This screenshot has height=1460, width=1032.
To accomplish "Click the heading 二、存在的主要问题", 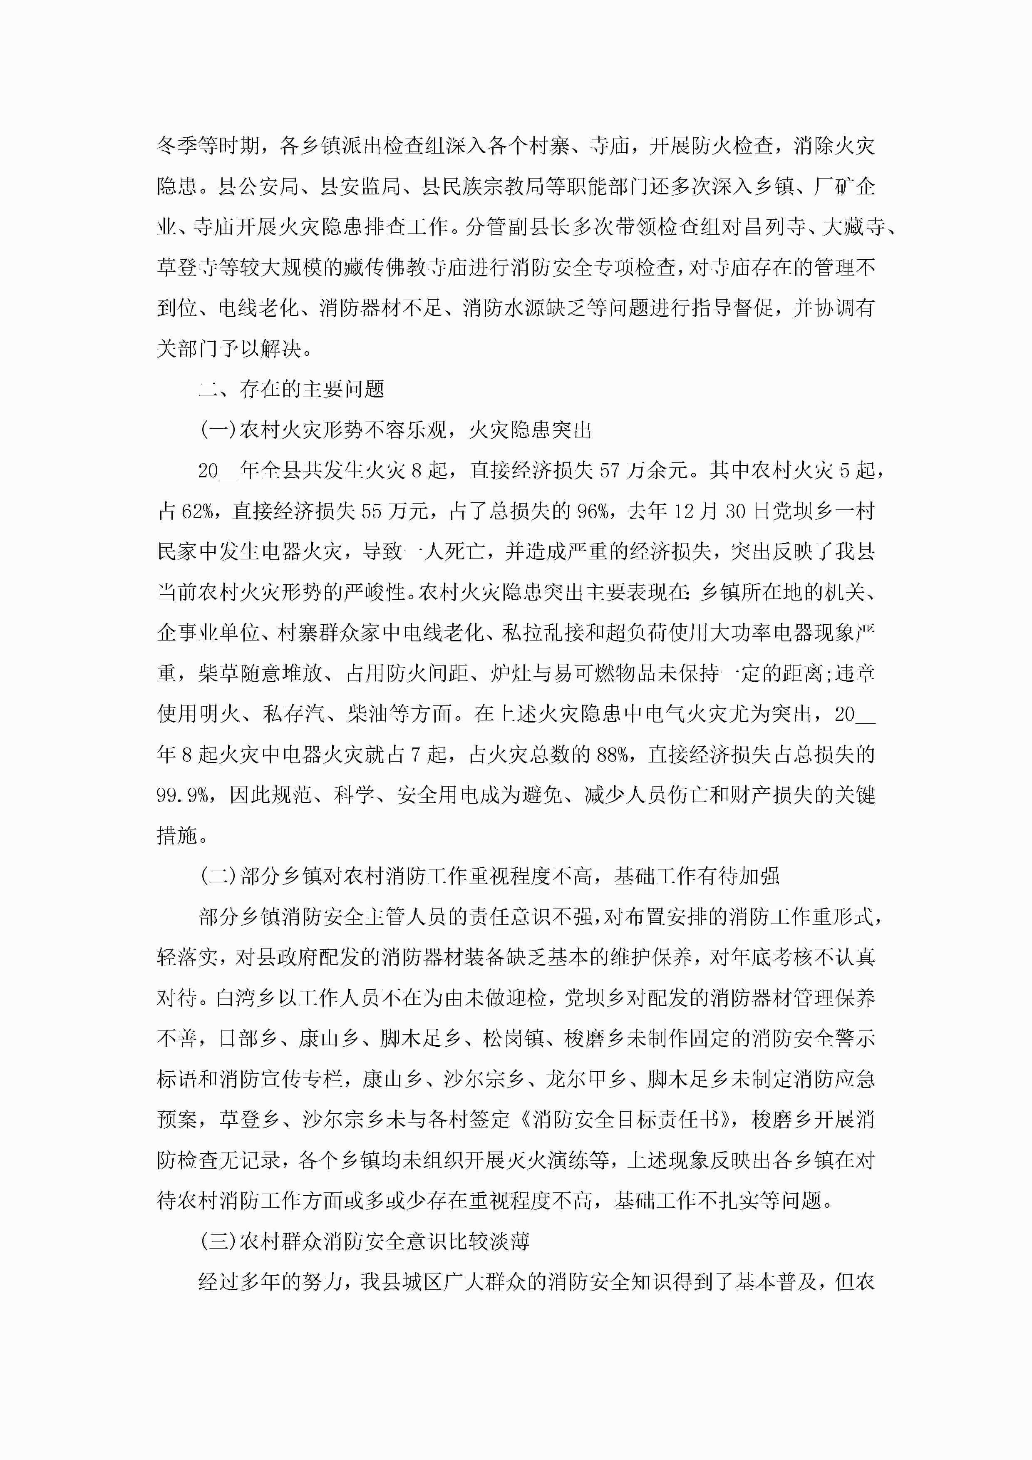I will click(291, 389).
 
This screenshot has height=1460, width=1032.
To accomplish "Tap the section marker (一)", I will click(218, 430).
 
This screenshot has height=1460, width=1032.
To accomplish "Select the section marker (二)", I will click(218, 876).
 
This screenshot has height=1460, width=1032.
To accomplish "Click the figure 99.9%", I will click(183, 795).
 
